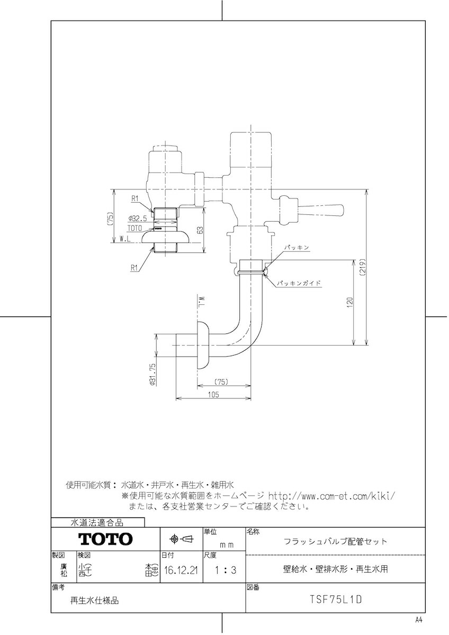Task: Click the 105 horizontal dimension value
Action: click(x=214, y=394)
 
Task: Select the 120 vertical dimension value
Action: click(x=350, y=303)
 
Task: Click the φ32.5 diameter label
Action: click(x=138, y=218)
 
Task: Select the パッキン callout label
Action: click(x=295, y=247)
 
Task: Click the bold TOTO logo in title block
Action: click(x=106, y=539)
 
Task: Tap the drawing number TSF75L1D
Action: click(x=335, y=600)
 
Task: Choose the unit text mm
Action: click(x=227, y=543)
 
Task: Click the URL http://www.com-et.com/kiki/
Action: click(x=332, y=496)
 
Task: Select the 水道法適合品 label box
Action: click(x=97, y=522)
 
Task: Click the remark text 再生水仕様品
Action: click(x=95, y=601)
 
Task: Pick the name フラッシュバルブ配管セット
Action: click(x=335, y=541)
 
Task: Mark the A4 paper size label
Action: click(x=418, y=620)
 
